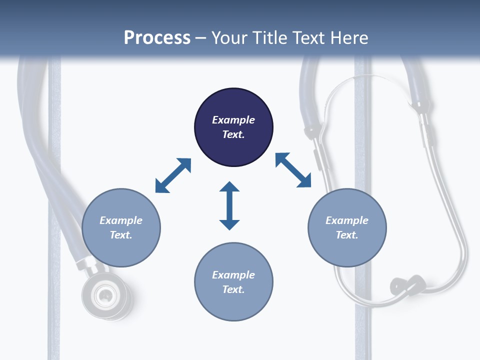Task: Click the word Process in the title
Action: (157, 38)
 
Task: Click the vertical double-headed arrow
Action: (229, 206)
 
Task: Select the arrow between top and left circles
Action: (173, 175)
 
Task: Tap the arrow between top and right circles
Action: (293, 170)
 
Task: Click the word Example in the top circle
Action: (233, 120)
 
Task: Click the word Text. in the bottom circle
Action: (233, 289)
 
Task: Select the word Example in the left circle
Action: (121, 220)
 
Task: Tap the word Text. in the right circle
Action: (347, 235)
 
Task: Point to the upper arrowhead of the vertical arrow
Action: (229, 188)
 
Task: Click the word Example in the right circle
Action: (347, 220)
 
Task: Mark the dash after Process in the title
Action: (201, 38)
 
